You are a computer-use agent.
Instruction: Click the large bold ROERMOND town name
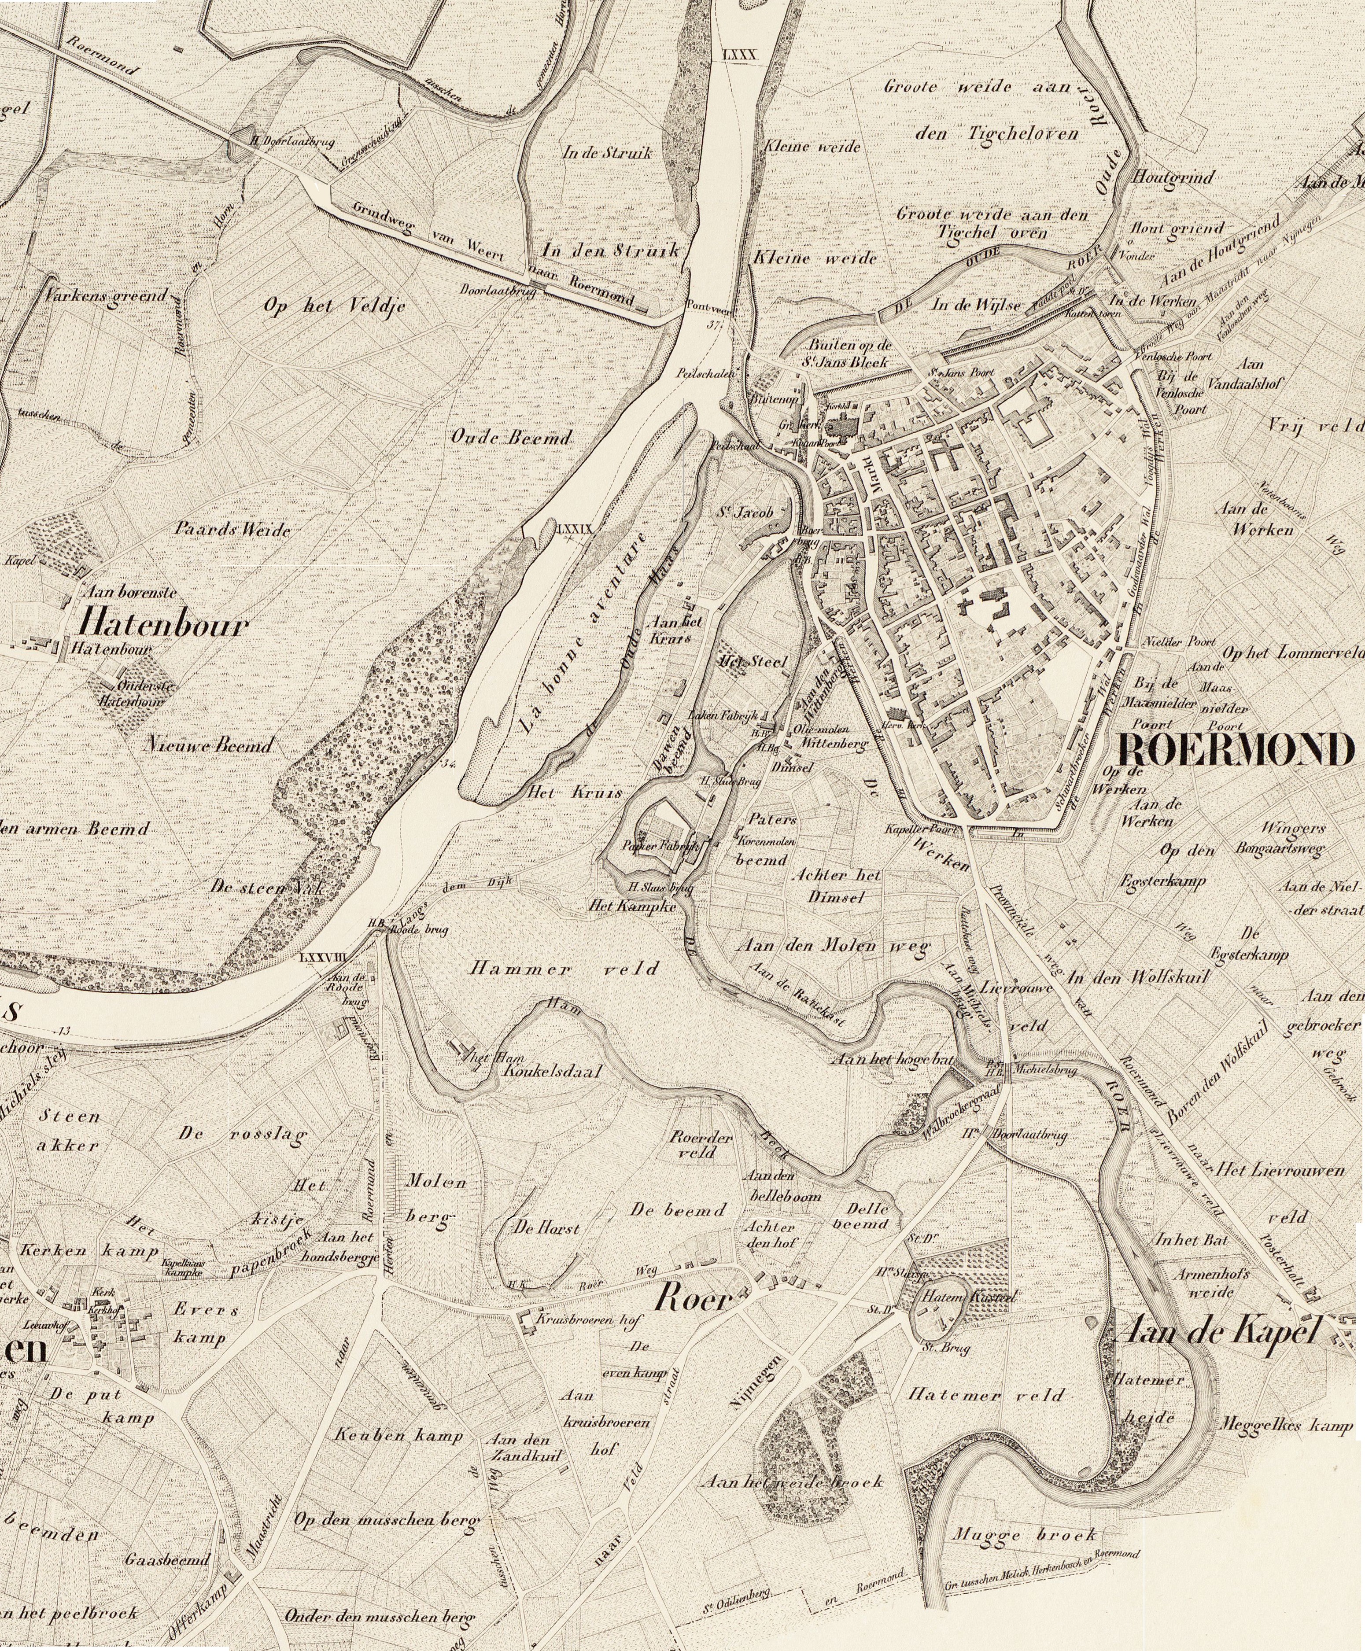[x=1236, y=750]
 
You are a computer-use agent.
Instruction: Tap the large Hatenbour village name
[x=163, y=625]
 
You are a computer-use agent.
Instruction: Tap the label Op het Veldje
[x=334, y=306]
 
